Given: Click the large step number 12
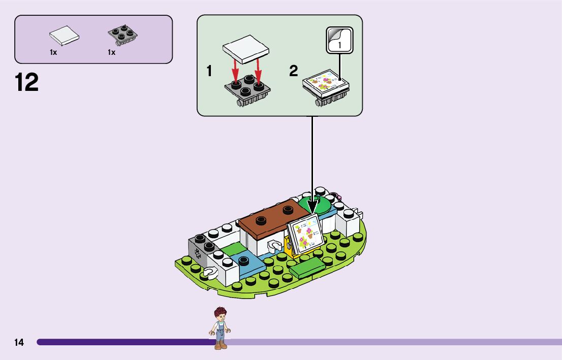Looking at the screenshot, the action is coord(27,83).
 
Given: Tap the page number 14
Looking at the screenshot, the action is coord(19,343).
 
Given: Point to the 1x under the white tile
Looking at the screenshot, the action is coord(53,52).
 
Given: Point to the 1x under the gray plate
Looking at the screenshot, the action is coord(111,52).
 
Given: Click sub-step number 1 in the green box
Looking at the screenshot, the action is coord(209,72).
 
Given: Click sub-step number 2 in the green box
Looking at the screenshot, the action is coord(293,72).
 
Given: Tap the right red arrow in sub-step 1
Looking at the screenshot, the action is coord(258,70).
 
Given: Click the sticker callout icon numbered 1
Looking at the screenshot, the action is coord(339,40).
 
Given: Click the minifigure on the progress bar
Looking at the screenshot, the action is coord(220,329).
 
